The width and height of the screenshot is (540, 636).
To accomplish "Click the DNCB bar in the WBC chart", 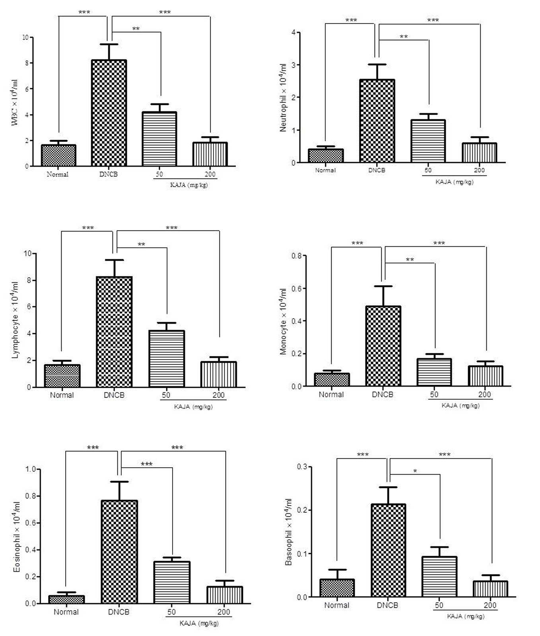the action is (109, 113).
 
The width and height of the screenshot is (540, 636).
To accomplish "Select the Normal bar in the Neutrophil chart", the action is (326, 156).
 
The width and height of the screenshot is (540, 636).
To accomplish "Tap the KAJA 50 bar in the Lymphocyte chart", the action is (167, 359).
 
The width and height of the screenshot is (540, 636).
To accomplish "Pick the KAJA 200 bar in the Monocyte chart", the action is (486, 376).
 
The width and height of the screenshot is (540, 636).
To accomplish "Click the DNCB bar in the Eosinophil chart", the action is (119, 552).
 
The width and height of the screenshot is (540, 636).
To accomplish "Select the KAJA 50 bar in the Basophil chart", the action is (439, 577).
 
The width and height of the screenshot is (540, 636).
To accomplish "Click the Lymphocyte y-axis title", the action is (15, 320).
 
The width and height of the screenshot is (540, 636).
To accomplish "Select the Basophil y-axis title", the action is (289, 532).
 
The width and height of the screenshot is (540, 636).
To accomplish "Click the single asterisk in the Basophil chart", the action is (415, 471).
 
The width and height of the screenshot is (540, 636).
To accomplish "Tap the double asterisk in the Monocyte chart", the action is (410, 260).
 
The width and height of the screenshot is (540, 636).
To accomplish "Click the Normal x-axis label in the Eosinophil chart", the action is (66, 612).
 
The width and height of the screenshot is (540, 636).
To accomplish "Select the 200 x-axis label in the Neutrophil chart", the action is (480, 170).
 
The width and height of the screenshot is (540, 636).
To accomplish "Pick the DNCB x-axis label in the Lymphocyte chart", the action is (114, 395).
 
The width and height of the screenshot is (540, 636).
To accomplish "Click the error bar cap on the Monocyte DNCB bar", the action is (383, 286).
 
